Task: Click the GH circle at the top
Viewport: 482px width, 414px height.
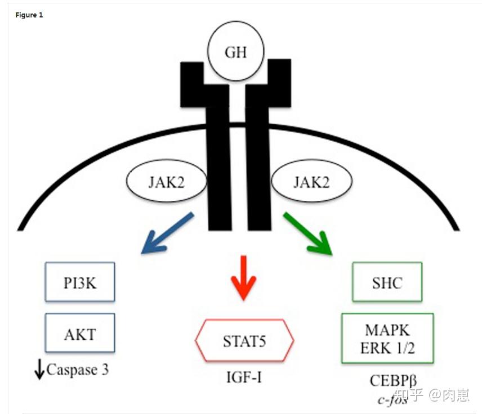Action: (236, 53)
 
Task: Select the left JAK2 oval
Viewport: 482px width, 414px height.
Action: (166, 183)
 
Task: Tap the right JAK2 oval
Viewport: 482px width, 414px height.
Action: (312, 183)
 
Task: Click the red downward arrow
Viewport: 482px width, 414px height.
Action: (243, 276)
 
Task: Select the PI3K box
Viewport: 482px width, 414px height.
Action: (79, 282)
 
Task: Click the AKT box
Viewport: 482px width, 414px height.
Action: (79, 334)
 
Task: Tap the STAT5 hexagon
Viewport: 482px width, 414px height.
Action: (244, 341)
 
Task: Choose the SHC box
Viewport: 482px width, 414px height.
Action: (387, 281)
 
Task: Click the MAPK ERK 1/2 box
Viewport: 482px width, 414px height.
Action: (387, 337)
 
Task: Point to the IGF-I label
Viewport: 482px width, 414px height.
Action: (243, 376)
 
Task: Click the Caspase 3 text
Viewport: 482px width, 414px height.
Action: (78, 370)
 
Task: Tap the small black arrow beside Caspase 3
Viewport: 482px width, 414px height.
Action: (39, 371)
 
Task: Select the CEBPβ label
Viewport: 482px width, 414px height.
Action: (394, 380)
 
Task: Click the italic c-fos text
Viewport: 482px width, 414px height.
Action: (392, 400)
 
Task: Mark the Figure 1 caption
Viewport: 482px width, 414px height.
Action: (29, 15)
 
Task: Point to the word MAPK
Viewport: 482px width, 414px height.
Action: (387, 329)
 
